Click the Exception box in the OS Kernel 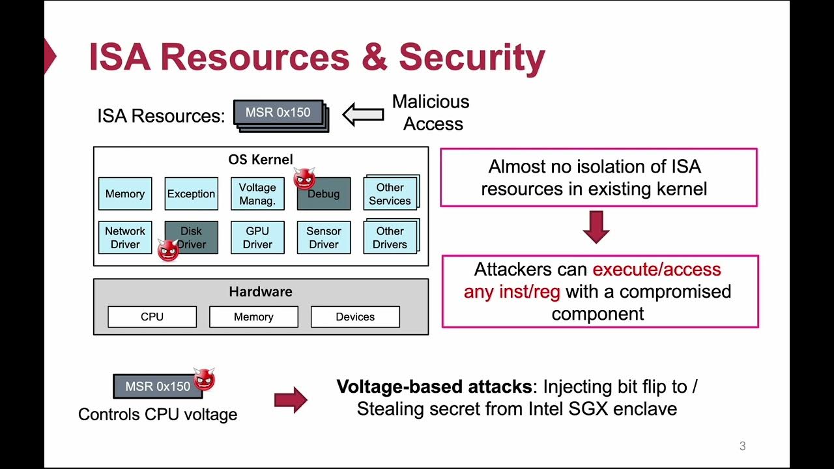(191, 194)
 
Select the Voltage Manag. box (257, 194)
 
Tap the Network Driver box (125, 238)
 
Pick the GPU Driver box (257, 238)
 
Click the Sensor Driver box (324, 238)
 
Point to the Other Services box (390, 194)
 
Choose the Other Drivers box (390, 238)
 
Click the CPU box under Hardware (152, 317)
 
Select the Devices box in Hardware (355, 317)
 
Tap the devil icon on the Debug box (304, 178)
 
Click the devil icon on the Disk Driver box (168, 250)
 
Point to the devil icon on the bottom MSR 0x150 (204, 378)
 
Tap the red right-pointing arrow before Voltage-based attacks (290, 399)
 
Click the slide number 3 (742, 446)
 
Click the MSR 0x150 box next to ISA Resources (278, 113)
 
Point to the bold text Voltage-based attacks (434, 386)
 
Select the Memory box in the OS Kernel (125, 194)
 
